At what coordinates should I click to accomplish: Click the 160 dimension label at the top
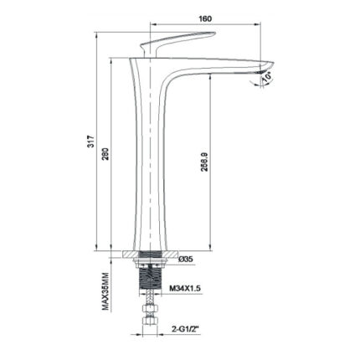point(205,18)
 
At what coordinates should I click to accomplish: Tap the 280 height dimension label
point(107,153)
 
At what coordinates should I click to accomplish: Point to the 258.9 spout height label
point(205,162)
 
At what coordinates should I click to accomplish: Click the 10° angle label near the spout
point(267,77)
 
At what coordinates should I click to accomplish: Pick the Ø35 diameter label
point(186,260)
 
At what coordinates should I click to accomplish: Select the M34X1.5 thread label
point(185,288)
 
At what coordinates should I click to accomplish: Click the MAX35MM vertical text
point(105,291)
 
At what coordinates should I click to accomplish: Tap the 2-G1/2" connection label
point(186,329)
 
